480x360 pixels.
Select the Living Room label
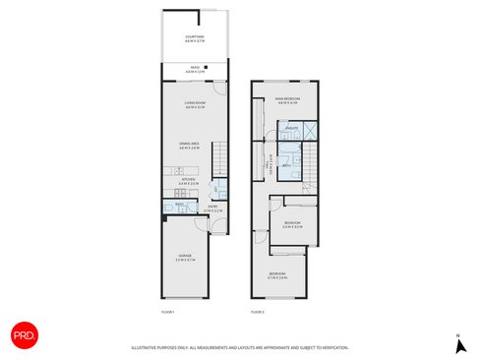click(x=195, y=105)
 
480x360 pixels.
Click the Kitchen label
click(x=189, y=181)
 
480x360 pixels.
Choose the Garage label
click(x=186, y=260)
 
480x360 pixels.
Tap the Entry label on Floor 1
click(x=212, y=210)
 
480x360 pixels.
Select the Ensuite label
click(x=292, y=129)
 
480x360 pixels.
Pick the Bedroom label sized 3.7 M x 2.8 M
click(x=277, y=275)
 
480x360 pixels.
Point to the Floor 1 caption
click(x=167, y=311)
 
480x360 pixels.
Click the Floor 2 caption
click(x=258, y=311)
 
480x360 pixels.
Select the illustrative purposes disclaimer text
click(x=240, y=347)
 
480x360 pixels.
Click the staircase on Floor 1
click(x=220, y=157)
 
